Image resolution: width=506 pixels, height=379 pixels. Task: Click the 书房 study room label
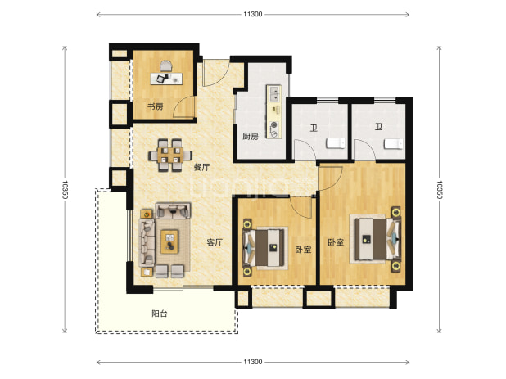[156, 106]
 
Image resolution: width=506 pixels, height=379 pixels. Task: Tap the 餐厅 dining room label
[201, 167]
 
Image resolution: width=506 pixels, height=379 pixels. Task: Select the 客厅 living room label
[215, 242]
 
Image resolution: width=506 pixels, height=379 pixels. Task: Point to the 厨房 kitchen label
[251, 137]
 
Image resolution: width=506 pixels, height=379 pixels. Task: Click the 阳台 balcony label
[160, 314]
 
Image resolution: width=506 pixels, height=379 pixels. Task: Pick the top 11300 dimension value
[253, 14]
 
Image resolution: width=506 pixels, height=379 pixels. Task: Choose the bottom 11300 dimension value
[253, 362]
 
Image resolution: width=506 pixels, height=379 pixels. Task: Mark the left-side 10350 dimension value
[65, 189]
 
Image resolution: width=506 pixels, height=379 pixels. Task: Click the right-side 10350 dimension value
[439, 189]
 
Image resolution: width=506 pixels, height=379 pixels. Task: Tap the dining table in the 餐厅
[170, 156]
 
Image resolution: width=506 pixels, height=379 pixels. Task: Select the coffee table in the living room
[169, 241]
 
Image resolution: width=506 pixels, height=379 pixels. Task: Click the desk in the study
[166, 79]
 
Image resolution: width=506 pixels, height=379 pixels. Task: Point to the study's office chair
[166, 65]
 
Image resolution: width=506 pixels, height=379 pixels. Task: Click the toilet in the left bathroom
[336, 143]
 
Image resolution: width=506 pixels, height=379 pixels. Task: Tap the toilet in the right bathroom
[393, 144]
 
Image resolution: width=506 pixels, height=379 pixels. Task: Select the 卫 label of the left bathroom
[314, 128]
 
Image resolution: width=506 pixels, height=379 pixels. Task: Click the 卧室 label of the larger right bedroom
[336, 242]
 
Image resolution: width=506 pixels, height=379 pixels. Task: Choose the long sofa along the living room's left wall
[147, 242]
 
